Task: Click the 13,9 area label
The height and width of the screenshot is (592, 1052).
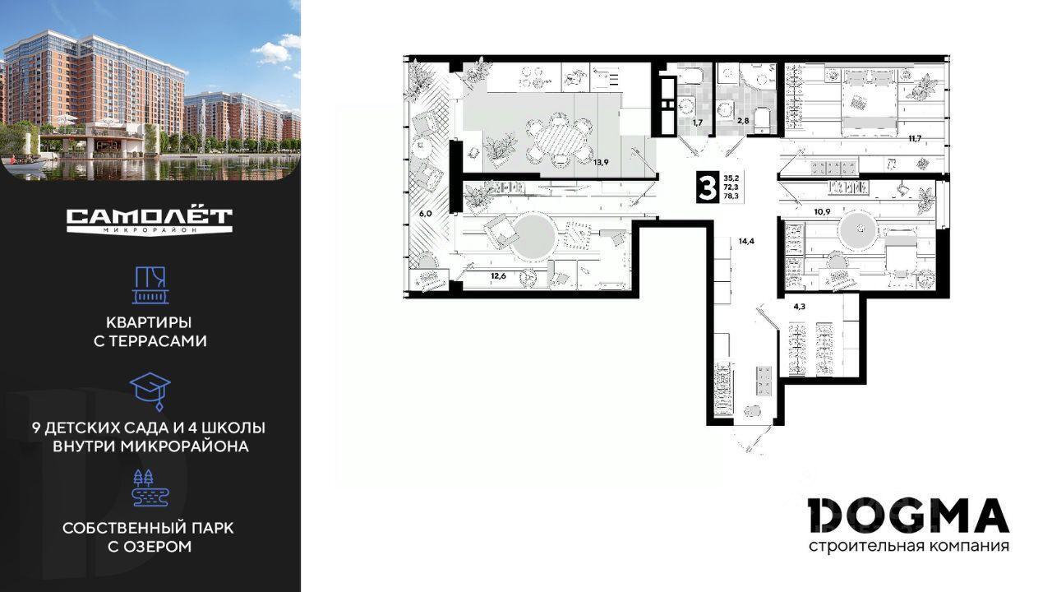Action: click(601, 163)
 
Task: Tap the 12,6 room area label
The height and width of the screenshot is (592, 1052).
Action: click(498, 275)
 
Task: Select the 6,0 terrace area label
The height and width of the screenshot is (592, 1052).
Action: click(426, 214)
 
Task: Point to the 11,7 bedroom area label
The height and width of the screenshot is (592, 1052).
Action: click(915, 138)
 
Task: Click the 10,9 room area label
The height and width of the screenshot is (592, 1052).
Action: click(822, 212)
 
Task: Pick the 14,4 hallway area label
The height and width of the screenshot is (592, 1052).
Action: click(746, 242)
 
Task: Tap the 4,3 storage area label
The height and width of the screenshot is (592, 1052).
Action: click(800, 307)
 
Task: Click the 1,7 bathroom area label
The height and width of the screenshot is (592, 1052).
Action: click(698, 123)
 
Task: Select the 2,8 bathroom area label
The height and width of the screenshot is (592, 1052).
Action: click(743, 121)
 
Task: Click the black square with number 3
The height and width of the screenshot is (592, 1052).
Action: click(707, 187)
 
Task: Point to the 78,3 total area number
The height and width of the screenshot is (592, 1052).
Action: click(731, 196)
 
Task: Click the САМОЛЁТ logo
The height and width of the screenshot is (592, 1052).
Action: click(150, 221)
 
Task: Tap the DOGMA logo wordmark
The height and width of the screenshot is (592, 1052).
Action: click(909, 516)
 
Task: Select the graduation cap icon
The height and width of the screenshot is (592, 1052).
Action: click(150, 391)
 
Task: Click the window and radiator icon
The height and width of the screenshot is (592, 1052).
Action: click(150, 285)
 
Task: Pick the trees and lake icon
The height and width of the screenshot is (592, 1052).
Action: click(150, 488)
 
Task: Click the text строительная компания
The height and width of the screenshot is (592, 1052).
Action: click(909, 546)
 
